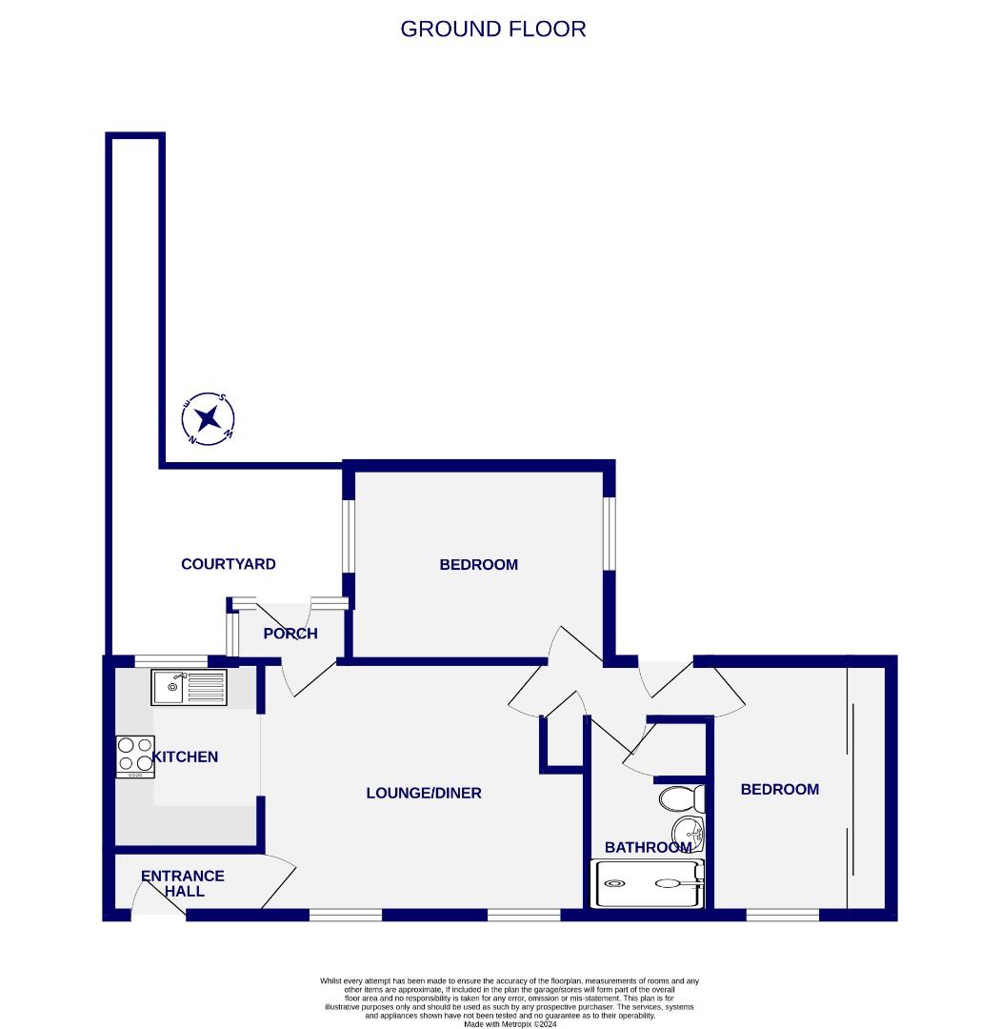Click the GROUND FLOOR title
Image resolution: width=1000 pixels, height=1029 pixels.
(x=492, y=29)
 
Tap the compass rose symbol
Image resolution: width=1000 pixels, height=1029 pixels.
(x=210, y=418)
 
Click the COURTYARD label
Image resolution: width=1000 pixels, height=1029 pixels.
(x=229, y=564)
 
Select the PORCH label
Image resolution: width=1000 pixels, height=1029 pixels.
(x=290, y=634)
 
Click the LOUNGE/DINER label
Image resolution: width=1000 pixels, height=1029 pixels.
(x=424, y=793)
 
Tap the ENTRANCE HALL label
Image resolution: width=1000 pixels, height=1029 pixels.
(x=183, y=883)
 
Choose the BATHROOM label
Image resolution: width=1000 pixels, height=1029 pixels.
(x=648, y=847)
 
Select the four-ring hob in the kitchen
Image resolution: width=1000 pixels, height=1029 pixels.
(x=134, y=757)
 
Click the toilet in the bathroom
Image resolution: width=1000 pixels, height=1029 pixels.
(x=681, y=797)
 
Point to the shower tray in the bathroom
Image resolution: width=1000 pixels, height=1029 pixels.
(x=648, y=883)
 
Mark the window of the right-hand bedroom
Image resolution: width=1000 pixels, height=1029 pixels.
(x=782, y=916)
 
